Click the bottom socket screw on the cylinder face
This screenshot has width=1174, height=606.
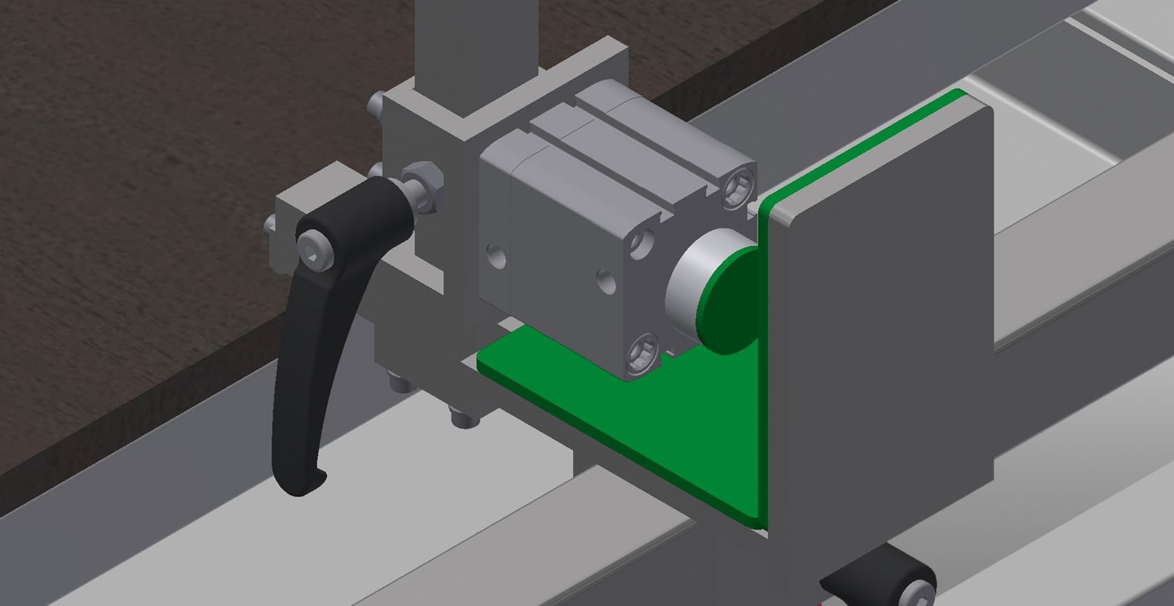(x=645, y=354)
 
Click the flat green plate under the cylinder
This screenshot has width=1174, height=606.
(x=615, y=405)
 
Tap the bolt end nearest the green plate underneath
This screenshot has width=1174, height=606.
(x=463, y=418)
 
